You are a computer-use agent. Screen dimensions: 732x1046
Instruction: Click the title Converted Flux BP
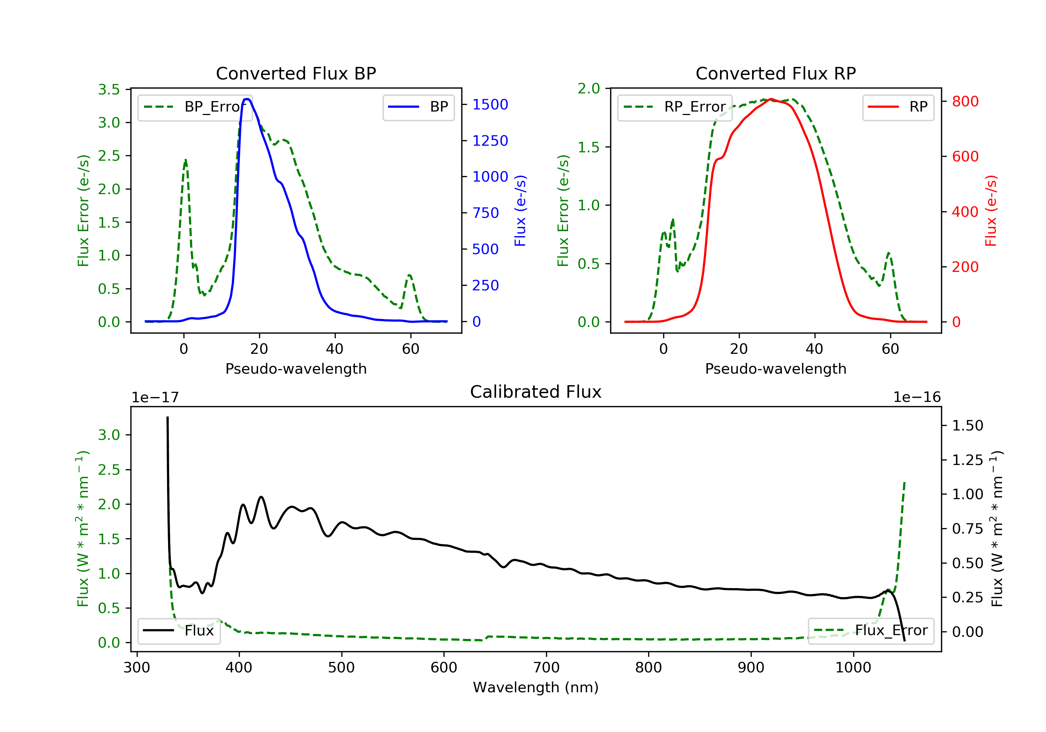(x=296, y=73)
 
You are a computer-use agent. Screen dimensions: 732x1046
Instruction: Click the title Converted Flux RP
(x=775, y=73)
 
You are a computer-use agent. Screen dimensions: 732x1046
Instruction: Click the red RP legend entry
(x=898, y=107)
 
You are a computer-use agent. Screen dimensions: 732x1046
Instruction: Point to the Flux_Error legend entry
(x=871, y=631)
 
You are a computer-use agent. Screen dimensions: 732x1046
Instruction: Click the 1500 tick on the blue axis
(x=490, y=105)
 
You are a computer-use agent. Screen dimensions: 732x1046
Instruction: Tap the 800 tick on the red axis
(x=965, y=101)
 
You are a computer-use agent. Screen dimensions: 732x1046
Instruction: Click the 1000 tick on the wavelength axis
(x=853, y=668)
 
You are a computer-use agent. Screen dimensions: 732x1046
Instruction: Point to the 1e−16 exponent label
(x=917, y=397)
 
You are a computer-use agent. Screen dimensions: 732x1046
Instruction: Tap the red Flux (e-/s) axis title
(x=991, y=211)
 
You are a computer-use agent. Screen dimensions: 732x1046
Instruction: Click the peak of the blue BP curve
(x=247, y=99)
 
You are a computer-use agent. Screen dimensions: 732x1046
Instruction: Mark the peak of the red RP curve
(x=770, y=99)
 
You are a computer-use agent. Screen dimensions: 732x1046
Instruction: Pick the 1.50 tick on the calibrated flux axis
(x=968, y=426)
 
